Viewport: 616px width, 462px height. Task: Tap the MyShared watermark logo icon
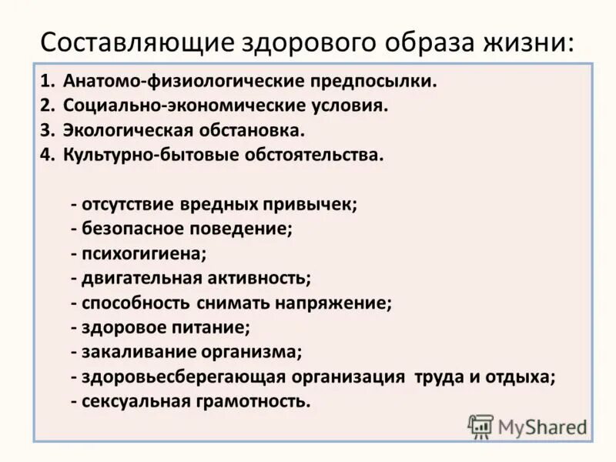pyautogui.click(x=481, y=426)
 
